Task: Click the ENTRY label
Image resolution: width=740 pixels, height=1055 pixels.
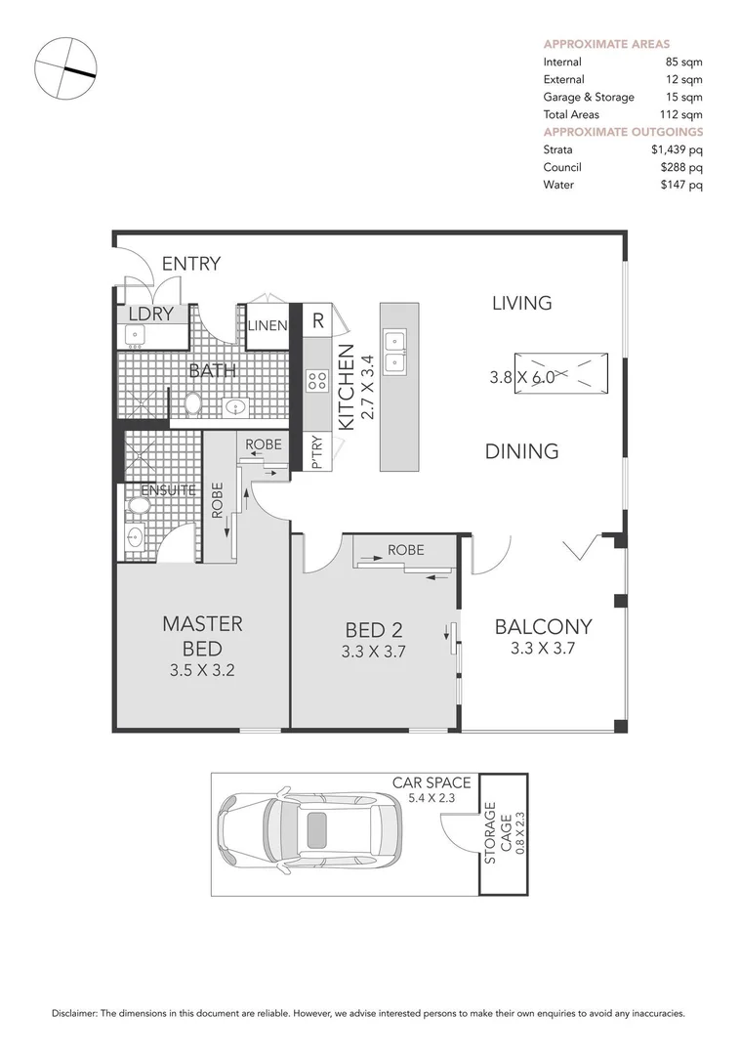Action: coord(191,264)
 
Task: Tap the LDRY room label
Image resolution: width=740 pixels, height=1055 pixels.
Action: coord(150,315)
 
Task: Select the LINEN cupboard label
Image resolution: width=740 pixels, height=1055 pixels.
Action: coord(267,325)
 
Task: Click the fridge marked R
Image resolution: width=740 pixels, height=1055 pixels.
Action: coord(318,321)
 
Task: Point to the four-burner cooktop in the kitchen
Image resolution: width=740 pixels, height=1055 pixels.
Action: coord(317,382)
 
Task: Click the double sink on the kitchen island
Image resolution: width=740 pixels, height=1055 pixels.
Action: coord(394,352)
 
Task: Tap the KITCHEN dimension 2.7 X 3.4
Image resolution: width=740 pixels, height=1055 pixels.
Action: coord(367,388)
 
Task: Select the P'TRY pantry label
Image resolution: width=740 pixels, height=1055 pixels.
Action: coord(317,453)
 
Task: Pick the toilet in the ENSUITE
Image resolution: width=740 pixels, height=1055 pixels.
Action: coord(141,507)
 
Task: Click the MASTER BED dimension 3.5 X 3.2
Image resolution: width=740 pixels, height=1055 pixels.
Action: coord(202,670)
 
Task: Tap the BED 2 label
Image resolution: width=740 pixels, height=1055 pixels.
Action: coord(374,630)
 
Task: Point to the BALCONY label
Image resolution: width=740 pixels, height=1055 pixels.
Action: coord(543,626)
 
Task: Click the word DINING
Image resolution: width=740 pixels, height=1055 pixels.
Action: coord(521,450)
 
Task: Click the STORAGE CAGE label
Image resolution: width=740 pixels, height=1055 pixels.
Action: coord(498,833)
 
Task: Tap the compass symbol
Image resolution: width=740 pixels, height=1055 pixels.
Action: coord(65,68)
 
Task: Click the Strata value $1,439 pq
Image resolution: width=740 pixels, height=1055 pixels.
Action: coord(672,150)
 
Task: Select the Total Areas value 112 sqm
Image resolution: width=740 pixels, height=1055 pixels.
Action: coord(680,114)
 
